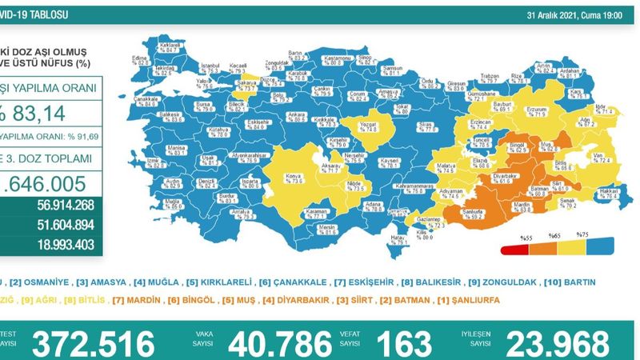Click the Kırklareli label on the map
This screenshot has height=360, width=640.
click(x=167, y=47)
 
